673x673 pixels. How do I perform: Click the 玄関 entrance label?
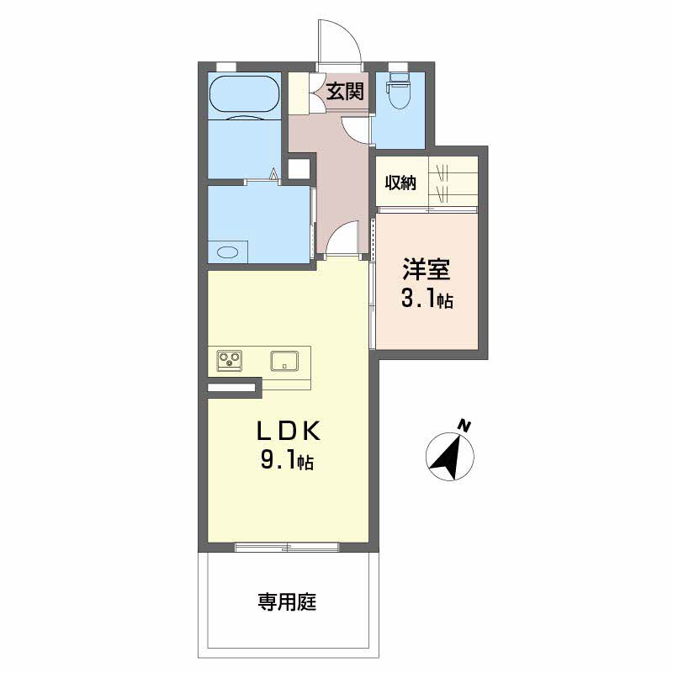(x=345, y=91)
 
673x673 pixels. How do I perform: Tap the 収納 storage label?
(x=400, y=183)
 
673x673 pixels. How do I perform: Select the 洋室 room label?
(x=427, y=269)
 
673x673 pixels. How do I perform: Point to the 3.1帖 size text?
(x=427, y=299)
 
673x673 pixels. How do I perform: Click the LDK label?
(x=289, y=431)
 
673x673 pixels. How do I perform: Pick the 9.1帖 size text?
(x=287, y=461)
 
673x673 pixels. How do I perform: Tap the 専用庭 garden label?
(x=287, y=601)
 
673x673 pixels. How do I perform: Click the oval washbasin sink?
(x=227, y=252)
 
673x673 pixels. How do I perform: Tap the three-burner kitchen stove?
(x=229, y=361)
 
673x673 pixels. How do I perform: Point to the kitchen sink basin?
(x=284, y=361)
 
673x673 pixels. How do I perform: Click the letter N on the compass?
(x=464, y=426)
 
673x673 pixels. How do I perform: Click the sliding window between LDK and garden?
(x=287, y=548)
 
